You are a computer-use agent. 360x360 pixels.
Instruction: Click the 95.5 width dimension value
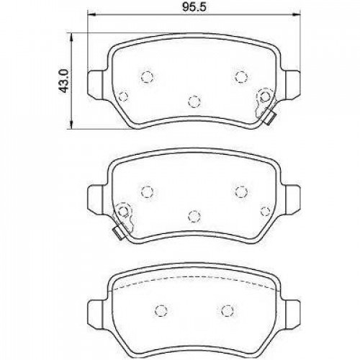pos(194,7)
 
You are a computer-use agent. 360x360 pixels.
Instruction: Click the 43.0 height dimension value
pos(65,81)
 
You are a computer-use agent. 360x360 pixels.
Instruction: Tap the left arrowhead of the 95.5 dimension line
pos(92,15)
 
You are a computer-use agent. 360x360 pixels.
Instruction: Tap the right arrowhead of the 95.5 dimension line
pos(297,15)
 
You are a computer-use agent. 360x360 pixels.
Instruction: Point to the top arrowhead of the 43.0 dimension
pos(71,37)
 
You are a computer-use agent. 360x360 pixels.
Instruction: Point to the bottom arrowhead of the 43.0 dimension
pos(71,125)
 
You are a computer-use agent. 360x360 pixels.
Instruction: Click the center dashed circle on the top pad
pos(194,102)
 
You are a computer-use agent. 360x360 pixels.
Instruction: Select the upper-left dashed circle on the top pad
pos(147,77)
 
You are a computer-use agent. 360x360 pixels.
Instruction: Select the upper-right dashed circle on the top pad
pos(241,76)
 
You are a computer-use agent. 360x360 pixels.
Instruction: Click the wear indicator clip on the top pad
pos(270,119)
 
